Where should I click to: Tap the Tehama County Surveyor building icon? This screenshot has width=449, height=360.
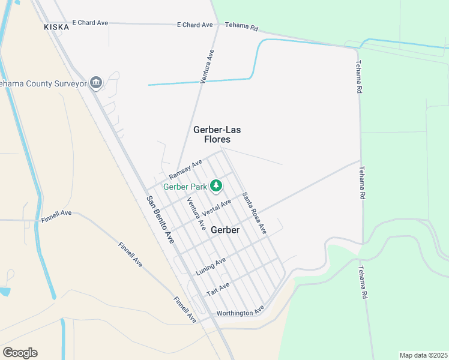pos(95,83)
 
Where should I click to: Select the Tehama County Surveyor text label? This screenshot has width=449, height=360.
pos(43,83)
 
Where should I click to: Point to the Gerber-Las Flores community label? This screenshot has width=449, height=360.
pos(212,134)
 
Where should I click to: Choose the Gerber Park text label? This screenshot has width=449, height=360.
pos(185,187)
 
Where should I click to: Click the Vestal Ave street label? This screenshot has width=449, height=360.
pos(217,208)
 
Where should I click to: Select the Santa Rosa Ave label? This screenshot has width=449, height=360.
pos(253,213)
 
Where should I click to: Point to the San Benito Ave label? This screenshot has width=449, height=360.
pos(160,220)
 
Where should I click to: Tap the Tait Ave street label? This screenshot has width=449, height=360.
pos(218,288)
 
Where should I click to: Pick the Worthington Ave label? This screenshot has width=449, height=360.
pos(240,313)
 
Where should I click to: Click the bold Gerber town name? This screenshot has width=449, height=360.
pos(225,230)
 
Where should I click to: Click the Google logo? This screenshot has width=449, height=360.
pos(20,352)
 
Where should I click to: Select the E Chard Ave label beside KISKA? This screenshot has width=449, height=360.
pos(90,23)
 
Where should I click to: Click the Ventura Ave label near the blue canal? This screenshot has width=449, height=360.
pos(206,66)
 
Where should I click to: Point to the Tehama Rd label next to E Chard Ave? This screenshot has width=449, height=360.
pos(241,26)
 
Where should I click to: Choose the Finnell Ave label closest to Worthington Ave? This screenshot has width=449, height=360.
pos(185,309)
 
